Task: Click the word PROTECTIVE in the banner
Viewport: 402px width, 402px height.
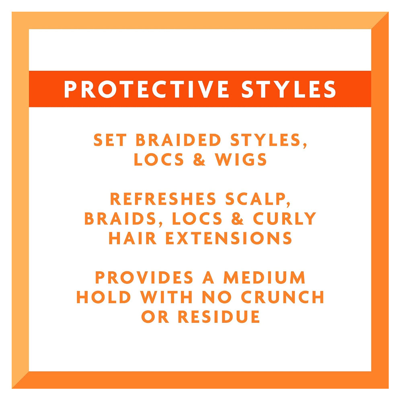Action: click(146, 89)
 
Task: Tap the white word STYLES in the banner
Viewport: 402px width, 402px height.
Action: click(288, 89)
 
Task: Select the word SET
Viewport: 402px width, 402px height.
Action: click(110, 140)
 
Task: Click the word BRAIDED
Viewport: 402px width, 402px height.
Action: click(178, 140)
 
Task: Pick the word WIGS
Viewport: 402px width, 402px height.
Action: click(241, 160)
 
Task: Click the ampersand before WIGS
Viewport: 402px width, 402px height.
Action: click(199, 160)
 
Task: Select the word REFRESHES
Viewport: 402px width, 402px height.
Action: click(163, 199)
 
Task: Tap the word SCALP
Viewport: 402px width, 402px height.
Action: click(258, 199)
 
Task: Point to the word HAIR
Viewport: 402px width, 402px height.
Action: click(133, 238)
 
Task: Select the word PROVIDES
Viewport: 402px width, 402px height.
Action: click(144, 278)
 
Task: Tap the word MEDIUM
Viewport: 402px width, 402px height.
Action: click(265, 278)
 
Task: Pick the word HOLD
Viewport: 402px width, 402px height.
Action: click(104, 297)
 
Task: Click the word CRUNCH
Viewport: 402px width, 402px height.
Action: click(283, 297)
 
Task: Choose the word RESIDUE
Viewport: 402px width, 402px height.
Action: click(219, 317)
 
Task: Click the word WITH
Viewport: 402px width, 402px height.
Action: click(166, 297)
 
